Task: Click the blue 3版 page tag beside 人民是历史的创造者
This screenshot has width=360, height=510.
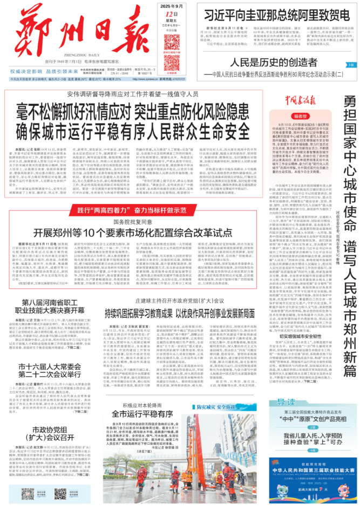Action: (x=351, y=65)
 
